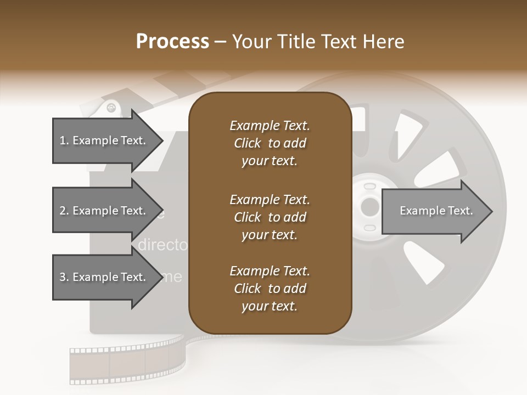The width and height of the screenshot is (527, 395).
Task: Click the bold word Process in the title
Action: pyautogui.click(x=172, y=42)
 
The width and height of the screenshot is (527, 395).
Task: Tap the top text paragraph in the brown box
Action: pyautogui.click(x=270, y=143)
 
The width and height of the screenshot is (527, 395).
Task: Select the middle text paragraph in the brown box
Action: pyautogui.click(x=270, y=217)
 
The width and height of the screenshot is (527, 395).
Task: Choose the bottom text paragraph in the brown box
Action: pyautogui.click(x=270, y=289)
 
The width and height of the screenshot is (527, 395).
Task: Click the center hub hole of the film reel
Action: pyautogui.click(x=370, y=207)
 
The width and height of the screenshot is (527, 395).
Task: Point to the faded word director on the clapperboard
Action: pyautogui.click(x=162, y=245)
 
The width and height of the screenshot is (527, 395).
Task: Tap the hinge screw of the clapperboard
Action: pyautogui.click(x=112, y=108)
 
